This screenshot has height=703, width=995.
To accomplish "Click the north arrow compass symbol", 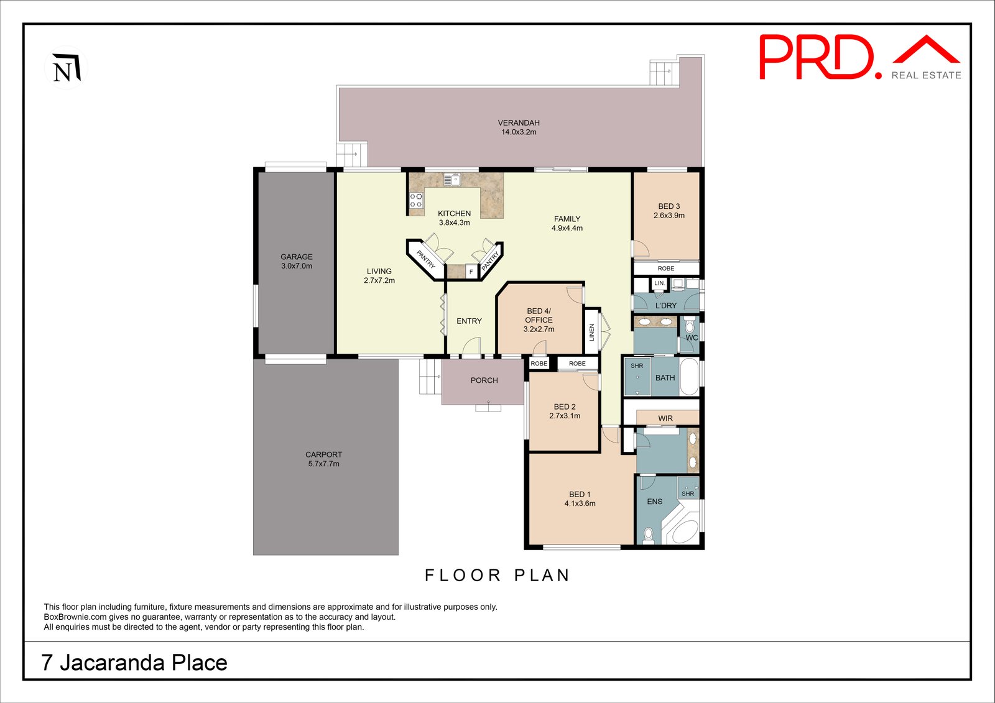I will pyautogui.click(x=65, y=68).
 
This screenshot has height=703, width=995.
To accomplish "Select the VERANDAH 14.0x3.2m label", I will pyautogui.click(x=519, y=127).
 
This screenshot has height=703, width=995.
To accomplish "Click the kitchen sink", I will pyautogui.click(x=451, y=180).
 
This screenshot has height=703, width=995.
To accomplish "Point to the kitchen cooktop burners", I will pyautogui.click(x=415, y=200).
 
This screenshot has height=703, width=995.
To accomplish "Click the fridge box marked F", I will pyautogui.click(x=471, y=272).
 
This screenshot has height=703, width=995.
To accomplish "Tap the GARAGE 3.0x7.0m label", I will pyautogui.click(x=297, y=261).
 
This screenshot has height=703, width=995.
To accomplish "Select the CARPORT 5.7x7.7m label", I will pyautogui.click(x=323, y=459).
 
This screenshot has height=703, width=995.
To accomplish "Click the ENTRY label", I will pyautogui.click(x=469, y=321).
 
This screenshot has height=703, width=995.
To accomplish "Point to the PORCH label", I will pyautogui.click(x=484, y=380).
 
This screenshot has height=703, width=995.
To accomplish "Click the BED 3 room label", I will pyautogui.click(x=669, y=211).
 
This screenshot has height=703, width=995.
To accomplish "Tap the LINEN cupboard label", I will pyautogui.click(x=591, y=333).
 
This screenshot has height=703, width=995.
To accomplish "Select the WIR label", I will pyautogui.click(x=665, y=418).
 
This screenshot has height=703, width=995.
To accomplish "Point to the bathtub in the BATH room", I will pyautogui.click(x=689, y=377).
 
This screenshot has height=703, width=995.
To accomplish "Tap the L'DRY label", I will pyautogui.click(x=665, y=306).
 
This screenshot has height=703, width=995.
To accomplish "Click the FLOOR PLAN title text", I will pyautogui.click(x=497, y=576).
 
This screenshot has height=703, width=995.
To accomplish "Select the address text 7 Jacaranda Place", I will pyautogui.click(x=134, y=663).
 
